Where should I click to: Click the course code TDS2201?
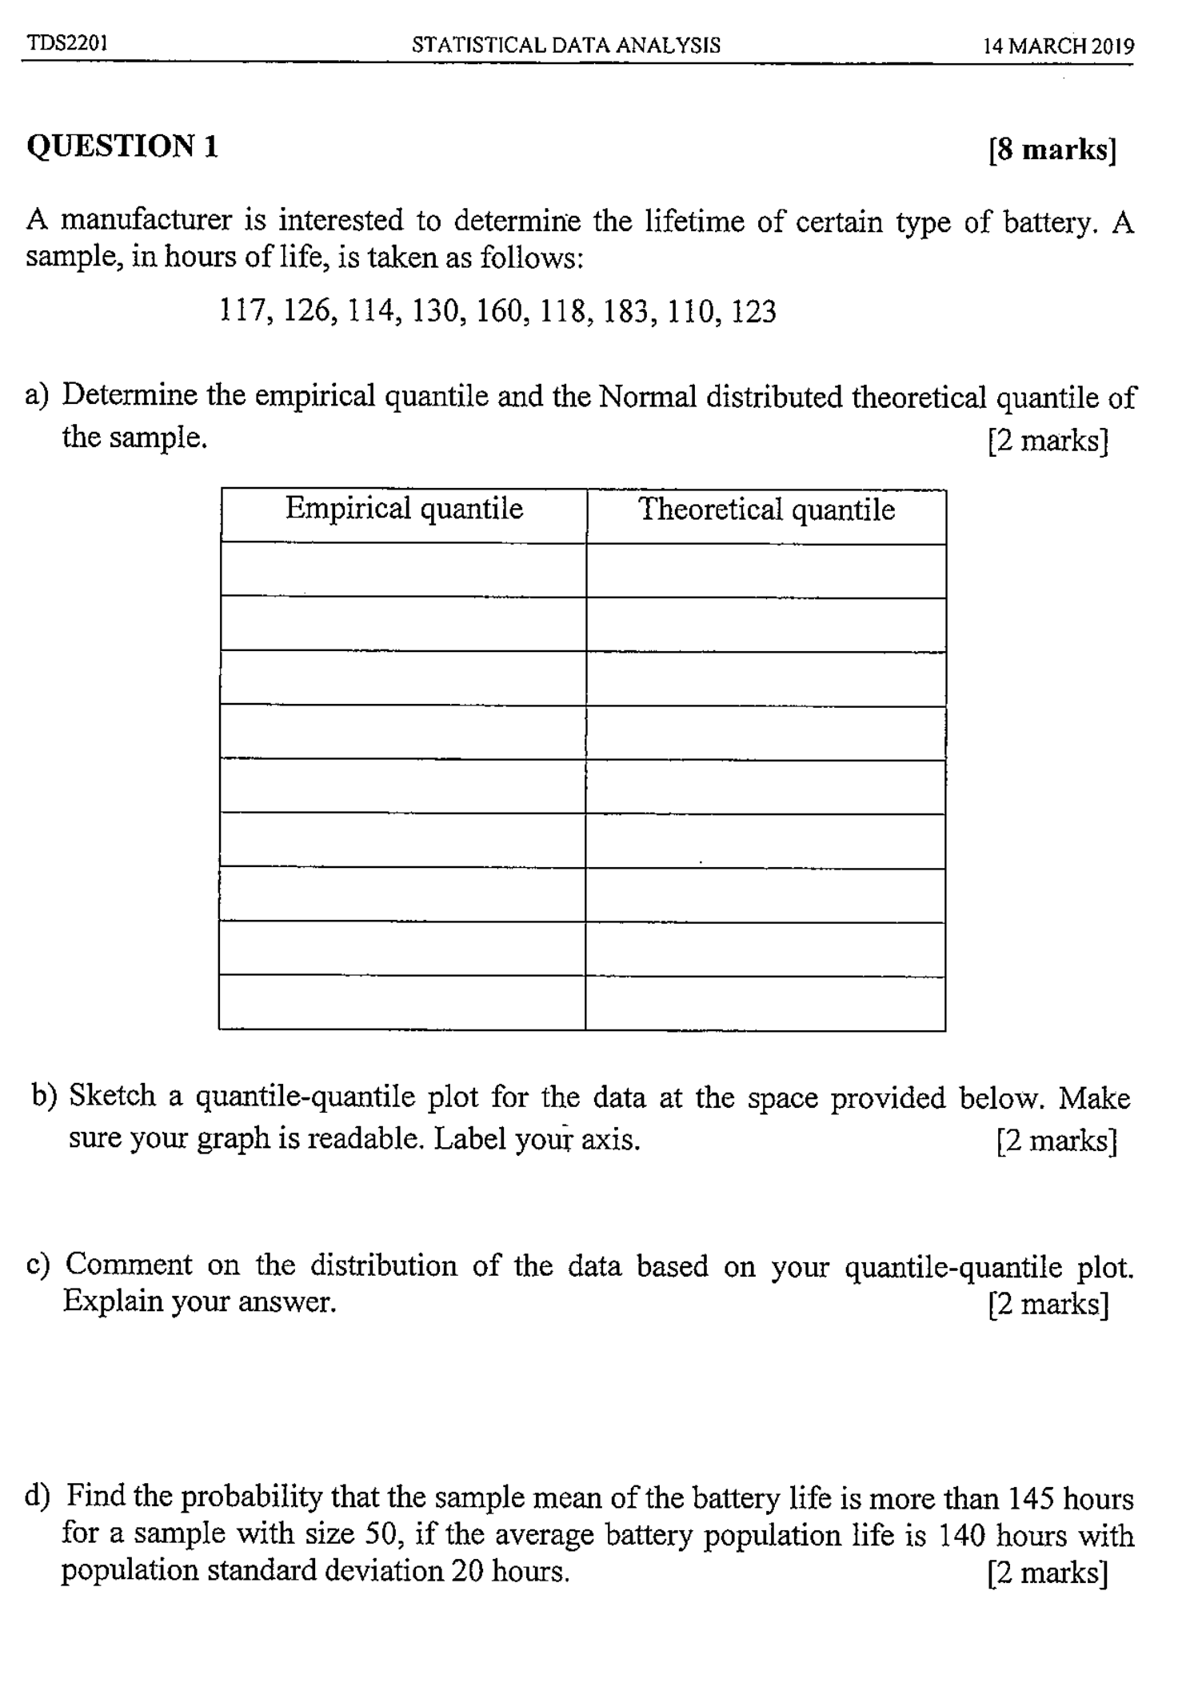coord(67,42)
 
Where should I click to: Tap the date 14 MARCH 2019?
coord(1058,46)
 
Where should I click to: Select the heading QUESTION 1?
coord(122,146)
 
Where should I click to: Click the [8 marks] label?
coord(1052,150)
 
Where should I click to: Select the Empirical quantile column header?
coord(404,509)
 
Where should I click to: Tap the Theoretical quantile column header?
coord(766,510)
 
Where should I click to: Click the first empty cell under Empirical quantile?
coord(404,570)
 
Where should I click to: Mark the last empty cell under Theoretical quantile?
coord(765,1003)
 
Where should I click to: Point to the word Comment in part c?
coord(129,1265)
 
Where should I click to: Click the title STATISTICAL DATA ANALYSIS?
coord(565,45)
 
